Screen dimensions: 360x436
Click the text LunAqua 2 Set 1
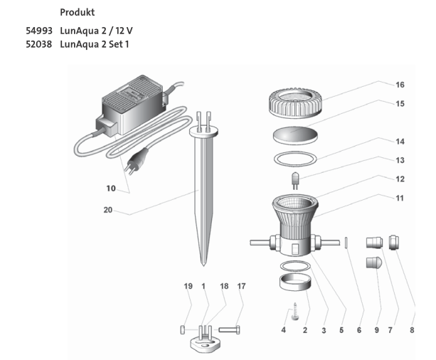98,45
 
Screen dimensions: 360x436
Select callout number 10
110,189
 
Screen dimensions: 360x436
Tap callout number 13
400,160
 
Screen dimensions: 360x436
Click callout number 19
188,286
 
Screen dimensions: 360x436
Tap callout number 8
411,329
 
